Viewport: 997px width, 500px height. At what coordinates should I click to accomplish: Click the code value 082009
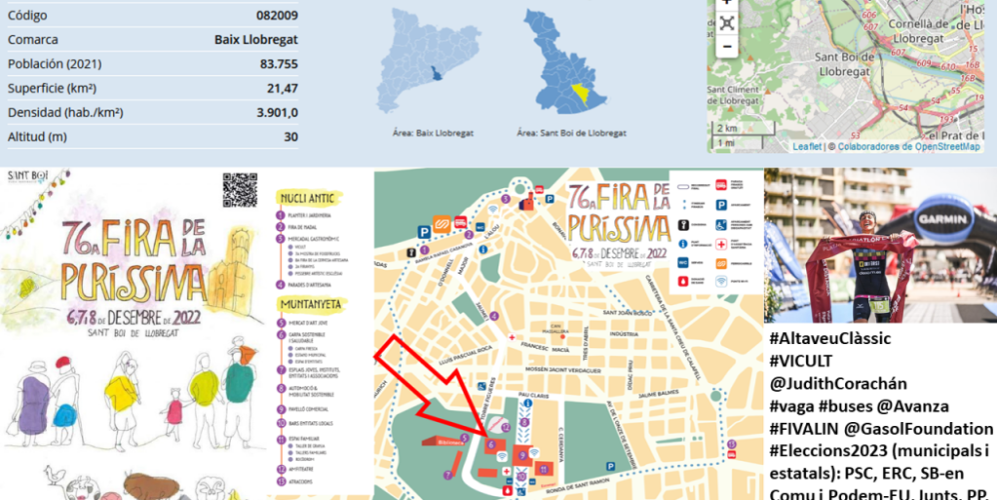[x=278, y=16]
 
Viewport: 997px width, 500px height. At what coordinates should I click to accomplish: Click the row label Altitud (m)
[x=37, y=136]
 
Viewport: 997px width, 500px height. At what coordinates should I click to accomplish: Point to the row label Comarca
[x=33, y=40]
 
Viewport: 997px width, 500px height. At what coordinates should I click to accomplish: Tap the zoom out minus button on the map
[x=726, y=46]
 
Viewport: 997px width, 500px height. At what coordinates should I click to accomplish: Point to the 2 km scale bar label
[x=728, y=128]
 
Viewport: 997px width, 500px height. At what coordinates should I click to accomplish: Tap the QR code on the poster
[x=240, y=190]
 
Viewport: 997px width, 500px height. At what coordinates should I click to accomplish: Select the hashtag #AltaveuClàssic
[x=830, y=339]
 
